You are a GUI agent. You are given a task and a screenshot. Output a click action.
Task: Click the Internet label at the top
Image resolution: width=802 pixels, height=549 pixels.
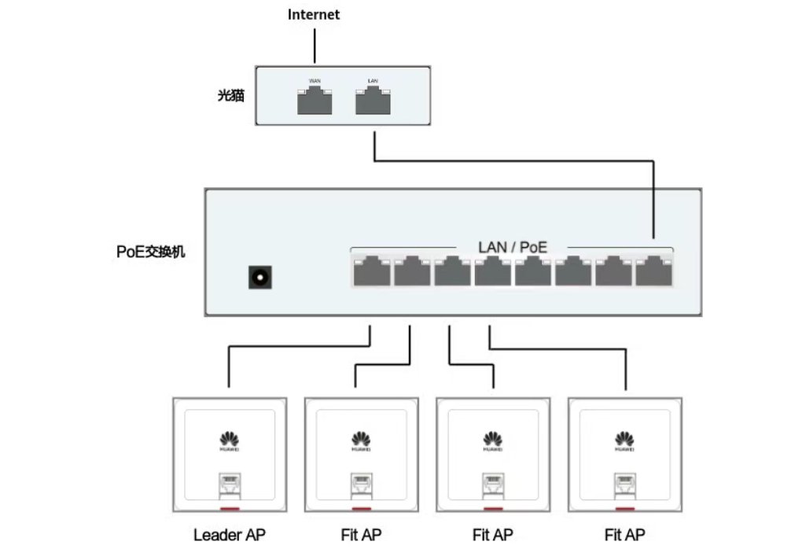click(314, 14)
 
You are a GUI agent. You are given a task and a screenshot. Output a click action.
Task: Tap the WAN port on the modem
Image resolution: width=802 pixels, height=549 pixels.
click(315, 101)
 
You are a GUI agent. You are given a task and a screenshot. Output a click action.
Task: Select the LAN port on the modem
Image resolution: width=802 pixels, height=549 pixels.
click(373, 101)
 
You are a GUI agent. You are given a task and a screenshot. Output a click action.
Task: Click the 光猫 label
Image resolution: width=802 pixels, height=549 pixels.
click(231, 96)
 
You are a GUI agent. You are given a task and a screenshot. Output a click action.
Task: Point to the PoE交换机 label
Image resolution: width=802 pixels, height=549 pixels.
click(151, 252)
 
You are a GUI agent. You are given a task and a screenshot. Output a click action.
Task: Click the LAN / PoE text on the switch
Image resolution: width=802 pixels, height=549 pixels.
click(512, 247)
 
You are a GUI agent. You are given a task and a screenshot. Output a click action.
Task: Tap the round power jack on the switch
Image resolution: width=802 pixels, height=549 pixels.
click(259, 277)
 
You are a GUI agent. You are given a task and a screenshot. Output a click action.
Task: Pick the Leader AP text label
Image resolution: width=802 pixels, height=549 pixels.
click(230, 535)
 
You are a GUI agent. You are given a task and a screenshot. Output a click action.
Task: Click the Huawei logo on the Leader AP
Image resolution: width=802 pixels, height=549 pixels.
click(229, 440)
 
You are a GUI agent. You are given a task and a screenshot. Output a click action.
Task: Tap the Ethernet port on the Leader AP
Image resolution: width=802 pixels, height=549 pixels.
click(229, 481)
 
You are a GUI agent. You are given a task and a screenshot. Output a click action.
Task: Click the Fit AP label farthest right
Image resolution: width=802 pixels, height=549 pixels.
click(625, 535)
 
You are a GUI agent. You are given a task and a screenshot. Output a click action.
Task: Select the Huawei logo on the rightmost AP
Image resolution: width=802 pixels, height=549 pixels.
click(625, 440)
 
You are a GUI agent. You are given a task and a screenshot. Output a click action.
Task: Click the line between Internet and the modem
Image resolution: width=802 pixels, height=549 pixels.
click(315, 46)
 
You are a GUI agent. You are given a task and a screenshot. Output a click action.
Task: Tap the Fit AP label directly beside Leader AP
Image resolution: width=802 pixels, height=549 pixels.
click(361, 535)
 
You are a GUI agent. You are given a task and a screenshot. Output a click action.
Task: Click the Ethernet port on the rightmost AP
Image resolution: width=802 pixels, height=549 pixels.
click(625, 481)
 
